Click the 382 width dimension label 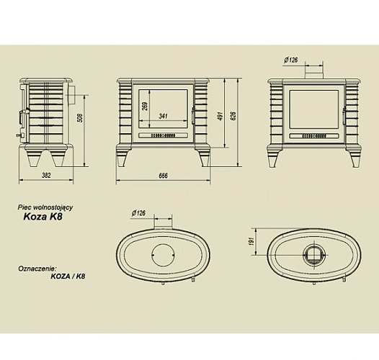pyautogui.click(x=46, y=175)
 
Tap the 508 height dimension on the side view pyautogui.click(x=81, y=118)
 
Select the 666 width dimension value pyautogui.click(x=163, y=176)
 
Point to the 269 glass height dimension pyautogui.click(x=145, y=106)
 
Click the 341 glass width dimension pyautogui.click(x=163, y=116)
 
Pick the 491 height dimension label pyautogui.click(x=220, y=116)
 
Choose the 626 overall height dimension pyautogui.click(x=233, y=116)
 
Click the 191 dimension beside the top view pyautogui.click(x=251, y=242)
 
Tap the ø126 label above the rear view pyautogui.click(x=291, y=60)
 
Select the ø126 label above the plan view pyautogui.click(x=139, y=213)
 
